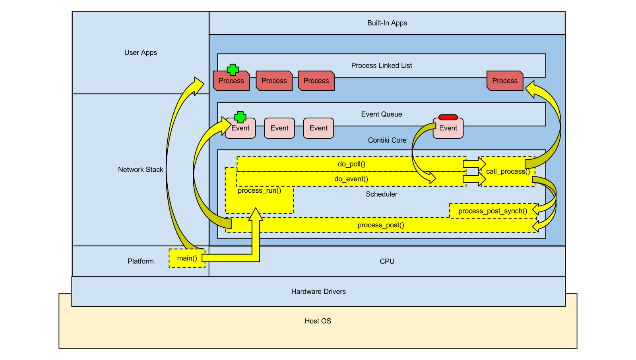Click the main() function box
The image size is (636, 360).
187,258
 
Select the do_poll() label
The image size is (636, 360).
351,164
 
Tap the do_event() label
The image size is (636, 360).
351,179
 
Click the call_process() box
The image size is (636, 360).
508,172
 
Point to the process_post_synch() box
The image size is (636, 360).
493,211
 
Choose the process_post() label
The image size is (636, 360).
380,225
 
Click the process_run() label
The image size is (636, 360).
259,191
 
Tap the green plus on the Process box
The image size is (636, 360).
233,70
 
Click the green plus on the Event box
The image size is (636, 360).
240,117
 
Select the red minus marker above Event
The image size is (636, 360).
448,117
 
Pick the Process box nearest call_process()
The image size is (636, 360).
505,81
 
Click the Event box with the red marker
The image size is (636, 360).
448,128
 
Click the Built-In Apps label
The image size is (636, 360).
387,23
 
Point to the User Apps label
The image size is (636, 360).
140,52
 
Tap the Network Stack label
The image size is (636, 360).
140,170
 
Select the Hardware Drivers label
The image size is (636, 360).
318,292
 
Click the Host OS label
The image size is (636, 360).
318,321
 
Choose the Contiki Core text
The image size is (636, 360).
387,140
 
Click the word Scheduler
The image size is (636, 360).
381,194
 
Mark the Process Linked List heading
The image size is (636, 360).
381,66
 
